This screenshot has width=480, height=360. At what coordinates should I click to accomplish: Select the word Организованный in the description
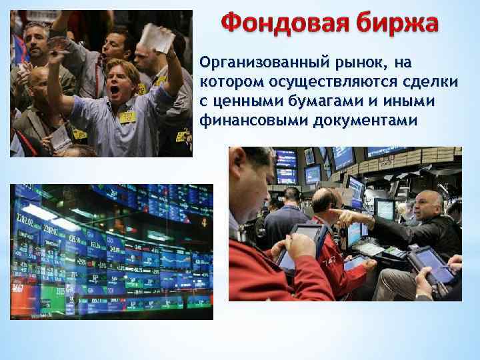(x=257, y=63)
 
